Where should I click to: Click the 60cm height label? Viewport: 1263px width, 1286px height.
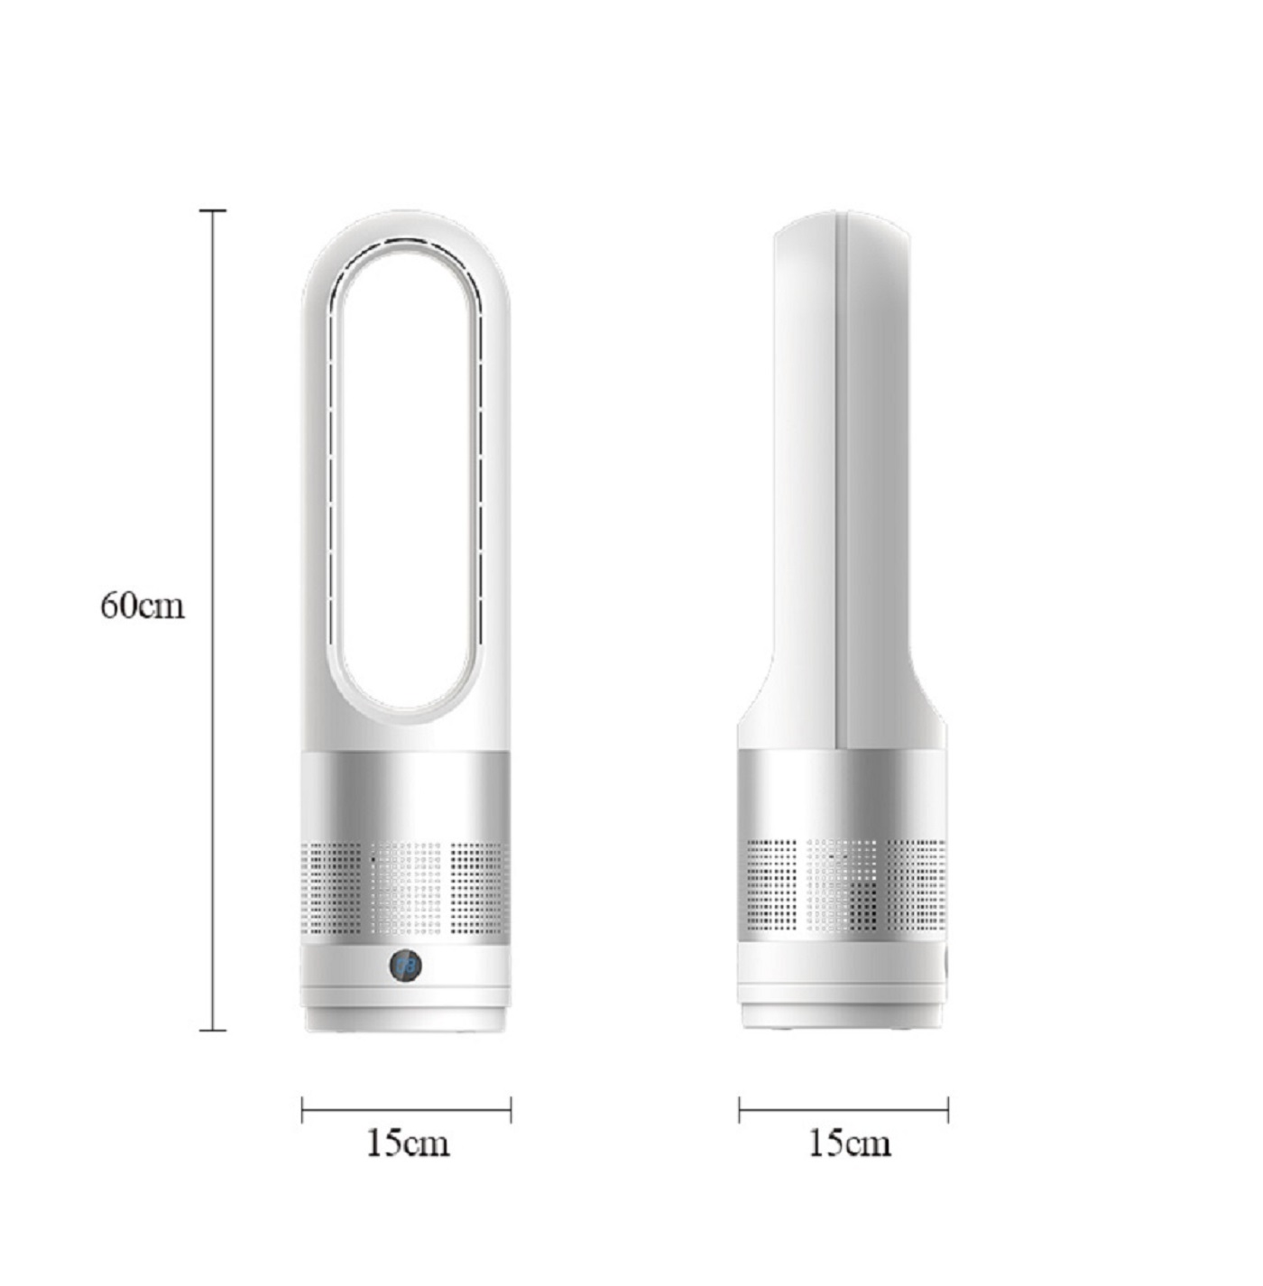(x=143, y=606)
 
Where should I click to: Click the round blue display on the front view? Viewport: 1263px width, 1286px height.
(x=406, y=966)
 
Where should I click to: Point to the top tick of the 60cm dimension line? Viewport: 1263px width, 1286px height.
(x=213, y=210)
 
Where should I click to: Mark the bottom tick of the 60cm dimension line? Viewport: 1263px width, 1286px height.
(x=213, y=1030)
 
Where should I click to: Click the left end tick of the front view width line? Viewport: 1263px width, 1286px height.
(x=302, y=1110)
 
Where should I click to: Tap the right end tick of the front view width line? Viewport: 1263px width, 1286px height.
(x=512, y=1110)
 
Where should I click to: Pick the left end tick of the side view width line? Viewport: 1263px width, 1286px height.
(x=739, y=1110)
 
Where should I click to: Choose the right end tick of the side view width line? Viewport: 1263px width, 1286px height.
(x=948, y=1110)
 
